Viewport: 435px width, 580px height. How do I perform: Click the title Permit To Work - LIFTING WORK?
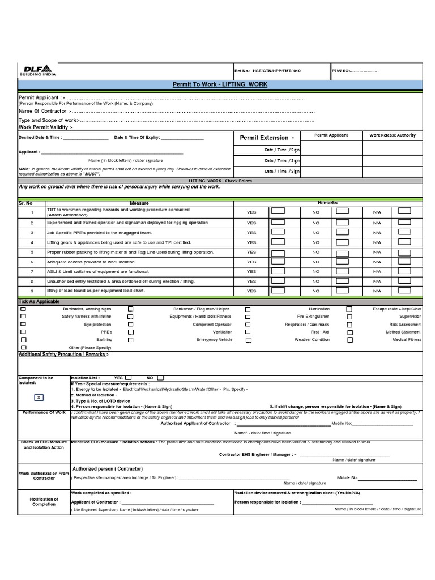[220, 84]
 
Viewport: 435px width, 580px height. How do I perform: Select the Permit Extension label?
[267, 138]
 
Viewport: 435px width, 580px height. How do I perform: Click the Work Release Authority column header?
[392, 135]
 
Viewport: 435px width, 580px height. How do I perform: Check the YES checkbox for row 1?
[278, 211]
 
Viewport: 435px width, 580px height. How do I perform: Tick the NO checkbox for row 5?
[342, 251]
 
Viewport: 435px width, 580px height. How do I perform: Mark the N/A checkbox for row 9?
[404, 290]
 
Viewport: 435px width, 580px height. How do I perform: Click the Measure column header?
[139, 203]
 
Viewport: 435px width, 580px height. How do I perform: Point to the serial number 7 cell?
[32, 271]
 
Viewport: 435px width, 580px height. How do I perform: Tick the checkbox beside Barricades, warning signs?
[23, 309]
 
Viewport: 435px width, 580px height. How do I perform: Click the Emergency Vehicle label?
[214, 340]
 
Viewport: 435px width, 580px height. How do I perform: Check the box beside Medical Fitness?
[349, 340]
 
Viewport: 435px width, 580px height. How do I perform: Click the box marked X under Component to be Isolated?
[39, 398]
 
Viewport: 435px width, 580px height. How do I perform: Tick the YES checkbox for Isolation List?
[129, 377]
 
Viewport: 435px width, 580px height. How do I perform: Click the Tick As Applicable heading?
[39, 302]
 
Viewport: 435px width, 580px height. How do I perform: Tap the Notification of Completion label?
[44, 501]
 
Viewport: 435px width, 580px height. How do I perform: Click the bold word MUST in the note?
[92, 174]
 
